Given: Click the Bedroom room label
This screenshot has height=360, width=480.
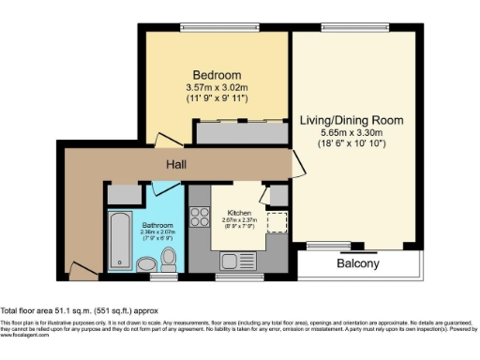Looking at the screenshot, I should pos(217,75).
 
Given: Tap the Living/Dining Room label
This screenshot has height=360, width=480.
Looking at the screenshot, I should pos(352,120).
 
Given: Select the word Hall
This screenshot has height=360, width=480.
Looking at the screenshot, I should pos(176,165).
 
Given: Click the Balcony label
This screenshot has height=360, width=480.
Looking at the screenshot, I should pos(358,264).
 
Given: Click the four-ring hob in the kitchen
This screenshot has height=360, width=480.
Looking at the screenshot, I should pos(200,218).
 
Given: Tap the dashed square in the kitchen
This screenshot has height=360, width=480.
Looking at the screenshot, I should pos(277,223).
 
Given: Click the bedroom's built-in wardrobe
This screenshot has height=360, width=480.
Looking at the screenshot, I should pos(240,132).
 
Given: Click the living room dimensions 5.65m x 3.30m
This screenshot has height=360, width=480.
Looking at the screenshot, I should pos(352,133).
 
